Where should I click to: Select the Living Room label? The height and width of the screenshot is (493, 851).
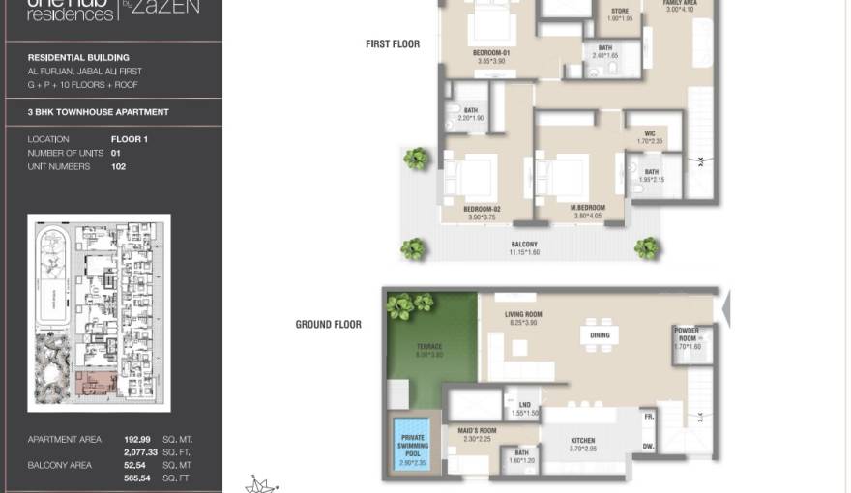pyautogui.click(x=523, y=315)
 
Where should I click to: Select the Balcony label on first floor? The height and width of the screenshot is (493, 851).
pyautogui.click(x=524, y=245)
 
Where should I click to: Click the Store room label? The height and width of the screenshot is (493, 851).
pyautogui.click(x=619, y=13)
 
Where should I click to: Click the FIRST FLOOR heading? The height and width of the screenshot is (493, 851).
pyautogui.click(x=392, y=43)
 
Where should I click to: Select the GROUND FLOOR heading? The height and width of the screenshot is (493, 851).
pyautogui.click(x=328, y=324)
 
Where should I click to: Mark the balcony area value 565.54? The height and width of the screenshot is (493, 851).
pyautogui.click(x=138, y=478)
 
